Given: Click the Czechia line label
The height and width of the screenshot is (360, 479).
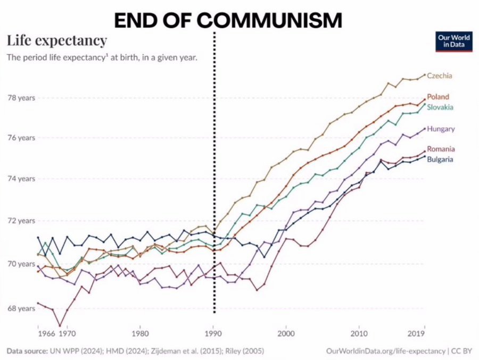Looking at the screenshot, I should coord(440,76).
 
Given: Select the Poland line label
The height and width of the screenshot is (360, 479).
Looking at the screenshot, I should coord(438,97).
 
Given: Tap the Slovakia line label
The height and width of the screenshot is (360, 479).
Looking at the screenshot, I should coord(440,107).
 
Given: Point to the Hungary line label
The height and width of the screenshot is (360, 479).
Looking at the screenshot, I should coord(441,129).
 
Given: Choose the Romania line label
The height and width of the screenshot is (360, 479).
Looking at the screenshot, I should coord(441,149).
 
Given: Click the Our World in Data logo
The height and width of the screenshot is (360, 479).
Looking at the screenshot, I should coord(454,41).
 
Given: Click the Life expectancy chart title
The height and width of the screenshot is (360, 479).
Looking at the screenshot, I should coord(56,40).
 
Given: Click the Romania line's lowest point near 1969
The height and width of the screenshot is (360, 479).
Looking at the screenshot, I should coord(60,325).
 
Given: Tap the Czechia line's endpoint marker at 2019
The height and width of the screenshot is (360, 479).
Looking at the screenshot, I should coord(425,75).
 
